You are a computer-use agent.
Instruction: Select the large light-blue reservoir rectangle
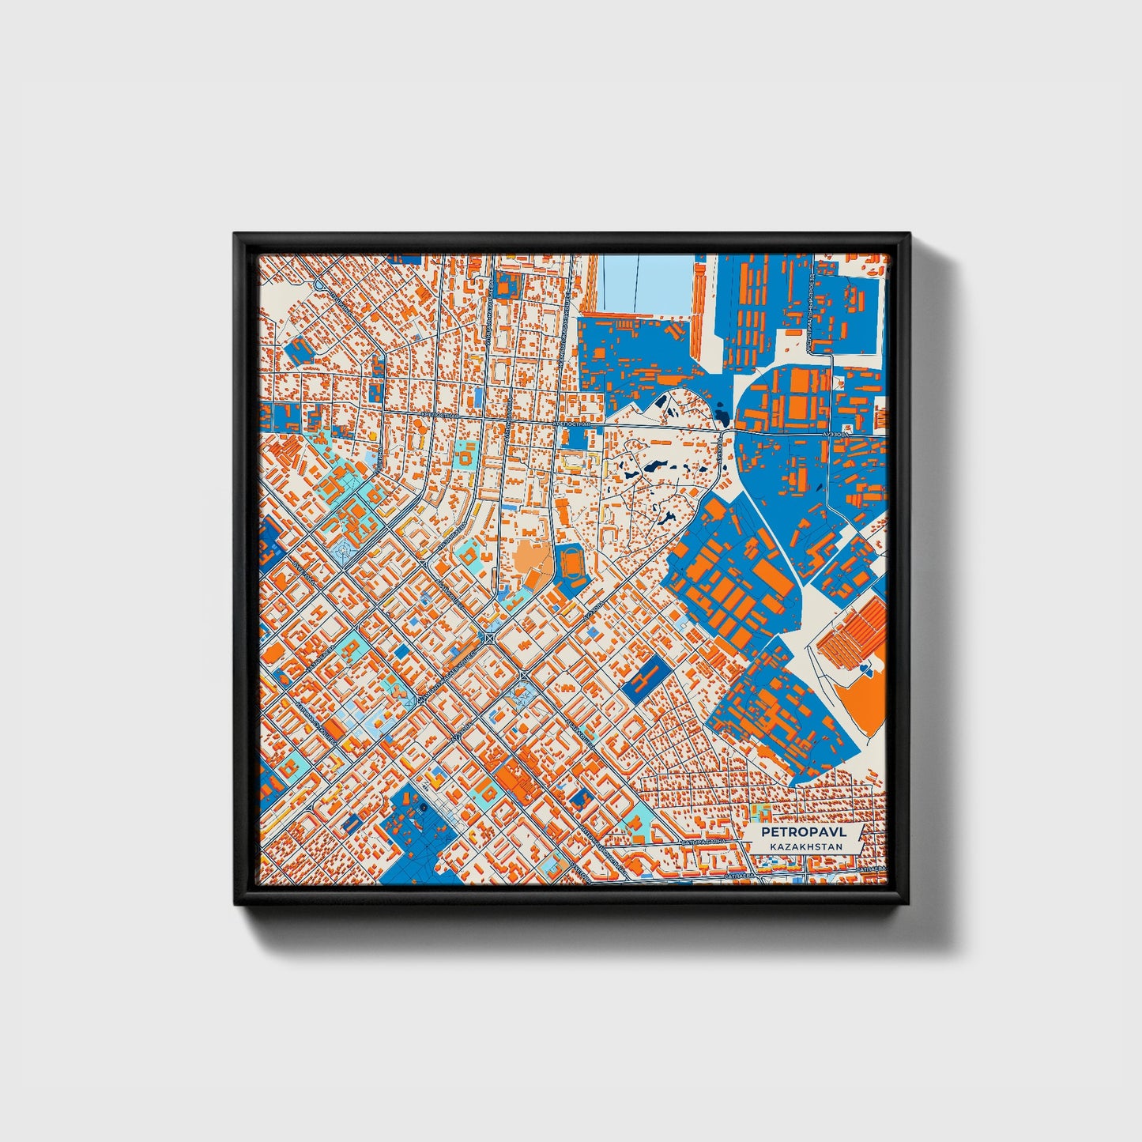coord(646,284)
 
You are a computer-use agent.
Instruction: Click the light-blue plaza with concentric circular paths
coord(346,551)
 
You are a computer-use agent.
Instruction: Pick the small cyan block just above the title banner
coord(764,811)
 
